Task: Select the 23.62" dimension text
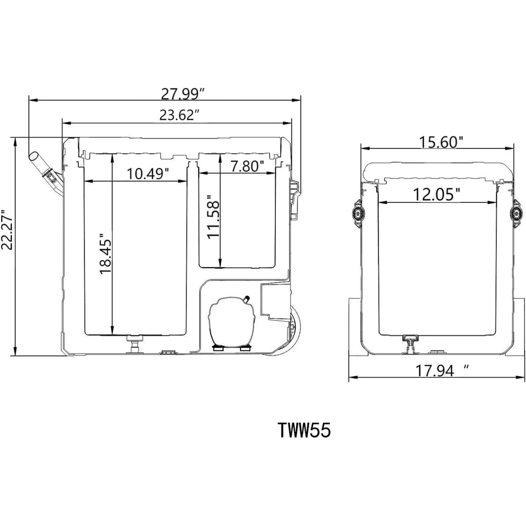click(177, 115)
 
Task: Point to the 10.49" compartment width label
click(147, 174)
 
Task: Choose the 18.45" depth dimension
click(105, 254)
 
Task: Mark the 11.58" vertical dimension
click(213, 217)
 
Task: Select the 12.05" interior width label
click(436, 195)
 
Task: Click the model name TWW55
click(305, 430)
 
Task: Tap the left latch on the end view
click(357, 214)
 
